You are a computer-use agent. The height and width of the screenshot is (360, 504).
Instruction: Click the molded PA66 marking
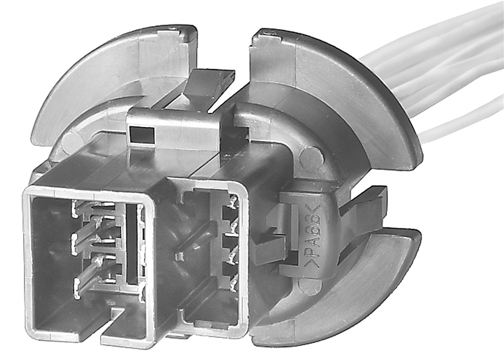(311, 236)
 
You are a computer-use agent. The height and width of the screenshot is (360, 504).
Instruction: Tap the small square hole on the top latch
(141, 135)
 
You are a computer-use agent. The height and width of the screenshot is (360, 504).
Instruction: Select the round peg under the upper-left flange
(72, 143)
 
